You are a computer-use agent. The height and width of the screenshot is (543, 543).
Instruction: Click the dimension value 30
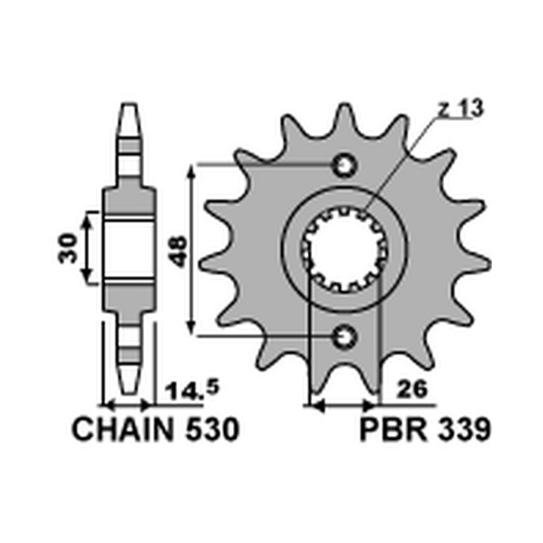tap(67, 248)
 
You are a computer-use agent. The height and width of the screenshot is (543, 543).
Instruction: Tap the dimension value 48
tap(179, 251)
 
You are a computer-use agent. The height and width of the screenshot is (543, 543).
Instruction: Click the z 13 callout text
tap(460, 108)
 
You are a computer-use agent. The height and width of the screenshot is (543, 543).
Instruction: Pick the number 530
tap(213, 430)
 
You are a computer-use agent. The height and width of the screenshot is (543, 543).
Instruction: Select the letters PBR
tap(394, 430)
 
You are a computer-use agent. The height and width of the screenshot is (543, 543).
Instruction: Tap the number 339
tap(463, 430)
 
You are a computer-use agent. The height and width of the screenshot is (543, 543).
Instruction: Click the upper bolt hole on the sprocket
tap(345, 165)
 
